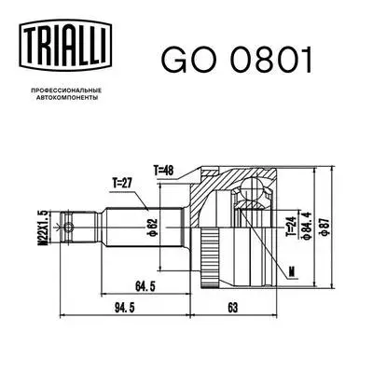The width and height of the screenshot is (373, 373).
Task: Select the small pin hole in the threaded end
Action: pos(66,225)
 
